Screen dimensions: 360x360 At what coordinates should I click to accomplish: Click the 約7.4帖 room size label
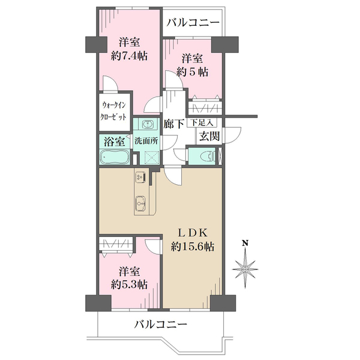tap(129, 56)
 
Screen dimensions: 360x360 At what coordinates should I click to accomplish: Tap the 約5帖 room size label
tap(193, 72)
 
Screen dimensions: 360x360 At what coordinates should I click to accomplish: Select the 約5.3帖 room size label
tap(129, 285)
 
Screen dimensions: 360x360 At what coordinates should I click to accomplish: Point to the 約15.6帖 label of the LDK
tap(193, 247)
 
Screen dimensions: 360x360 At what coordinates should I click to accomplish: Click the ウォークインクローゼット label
tap(113, 112)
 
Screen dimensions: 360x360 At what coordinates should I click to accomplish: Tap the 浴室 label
tap(115, 142)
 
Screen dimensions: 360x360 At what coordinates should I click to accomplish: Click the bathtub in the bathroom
tap(114, 157)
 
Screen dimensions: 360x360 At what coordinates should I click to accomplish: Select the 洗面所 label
tap(146, 141)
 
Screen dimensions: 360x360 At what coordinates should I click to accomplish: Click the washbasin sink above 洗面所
tap(148, 125)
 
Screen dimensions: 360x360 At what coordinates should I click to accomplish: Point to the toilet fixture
tap(208, 157)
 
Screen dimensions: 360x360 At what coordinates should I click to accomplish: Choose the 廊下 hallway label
tap(174, 124)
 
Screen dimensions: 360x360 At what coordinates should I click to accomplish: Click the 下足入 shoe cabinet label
tap(202, 123)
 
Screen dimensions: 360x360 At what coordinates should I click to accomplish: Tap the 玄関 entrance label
tap(209, 136)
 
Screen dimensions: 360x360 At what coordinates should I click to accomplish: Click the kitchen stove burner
tap(140, 177)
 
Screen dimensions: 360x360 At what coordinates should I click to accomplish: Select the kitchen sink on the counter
tap(140, 203)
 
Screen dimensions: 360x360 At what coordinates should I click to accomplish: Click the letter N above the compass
tap(245, 243)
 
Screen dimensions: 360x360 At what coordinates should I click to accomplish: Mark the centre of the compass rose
tap(245, 269)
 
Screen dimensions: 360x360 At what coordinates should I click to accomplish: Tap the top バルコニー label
tap(193, 23)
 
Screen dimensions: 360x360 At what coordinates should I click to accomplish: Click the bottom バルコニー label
tap(161, 325)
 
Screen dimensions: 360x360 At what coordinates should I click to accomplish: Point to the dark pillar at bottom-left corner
tap(98, 303)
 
